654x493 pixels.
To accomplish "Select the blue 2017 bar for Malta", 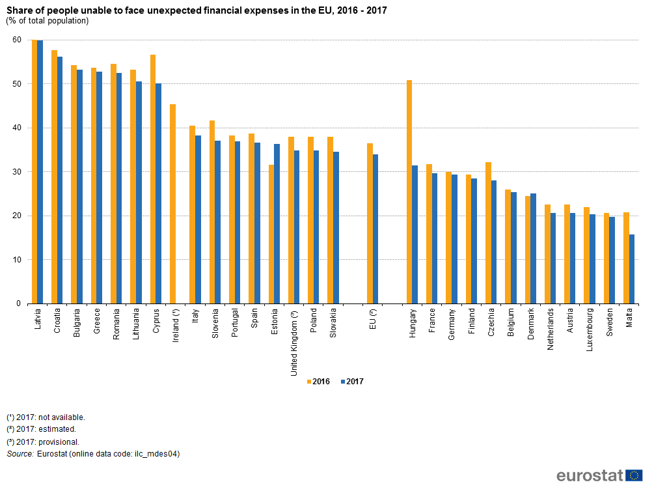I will point(632,269).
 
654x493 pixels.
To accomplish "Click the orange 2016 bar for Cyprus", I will point(153,179).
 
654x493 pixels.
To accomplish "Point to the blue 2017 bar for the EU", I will point(375,229).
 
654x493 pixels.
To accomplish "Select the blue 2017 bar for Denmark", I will point(534,248).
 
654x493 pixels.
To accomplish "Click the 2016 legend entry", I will point(318,382).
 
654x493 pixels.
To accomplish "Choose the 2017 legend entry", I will point(351,382).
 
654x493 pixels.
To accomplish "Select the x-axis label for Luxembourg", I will point(589,330).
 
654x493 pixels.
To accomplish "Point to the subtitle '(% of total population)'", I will point(48,21).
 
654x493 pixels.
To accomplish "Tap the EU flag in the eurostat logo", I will point(634,475).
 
